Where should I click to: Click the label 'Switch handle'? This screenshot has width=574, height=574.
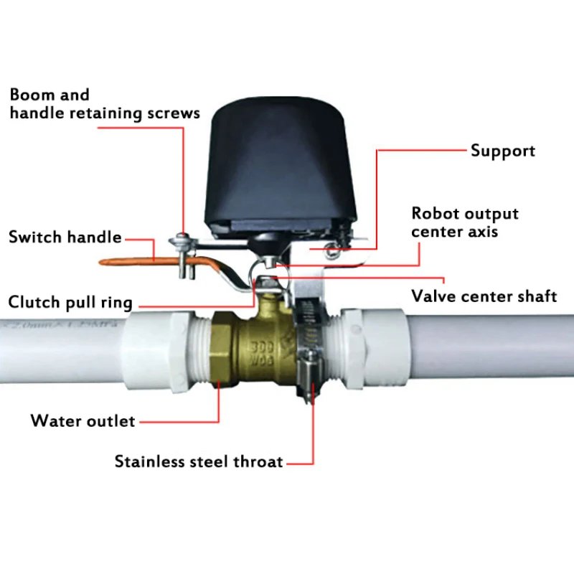point(65,237)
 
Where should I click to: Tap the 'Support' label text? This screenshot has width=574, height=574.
point(502,151)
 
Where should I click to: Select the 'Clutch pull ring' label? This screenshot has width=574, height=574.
point(70,302)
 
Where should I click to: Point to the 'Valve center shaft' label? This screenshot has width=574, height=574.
point(484,296)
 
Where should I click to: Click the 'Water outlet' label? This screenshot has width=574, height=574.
point(83,420)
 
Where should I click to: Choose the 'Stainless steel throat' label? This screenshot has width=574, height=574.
point(199,461)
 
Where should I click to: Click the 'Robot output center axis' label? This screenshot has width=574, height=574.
point(464,222)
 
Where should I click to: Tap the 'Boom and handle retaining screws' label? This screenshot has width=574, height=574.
point(104,104)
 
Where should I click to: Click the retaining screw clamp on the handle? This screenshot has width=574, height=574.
point(182,251)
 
